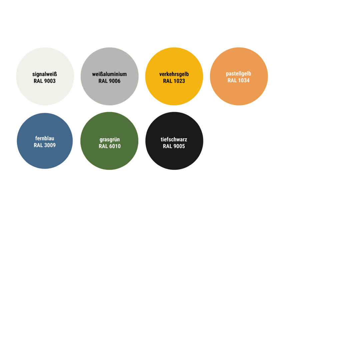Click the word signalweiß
click(45, 74)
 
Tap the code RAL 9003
click(45, 81)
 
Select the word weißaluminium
click(110, 74)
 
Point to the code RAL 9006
click(110, 81)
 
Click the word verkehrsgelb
click(174, 74)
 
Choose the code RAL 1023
click(174, 81)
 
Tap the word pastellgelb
click(239, 74)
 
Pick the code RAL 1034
click(239, 80)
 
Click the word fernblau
click(45, 138)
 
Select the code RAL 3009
click(45, 145)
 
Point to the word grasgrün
click(110, 140)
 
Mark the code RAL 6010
click(110, 146)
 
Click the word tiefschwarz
click(174, 139)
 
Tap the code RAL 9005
click(174, 146)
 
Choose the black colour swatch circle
click(174, 141)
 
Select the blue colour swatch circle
click(45, 141)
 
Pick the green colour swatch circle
click(109, 141)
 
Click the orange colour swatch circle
click(239, 76)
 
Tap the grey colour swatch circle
click(110, 76)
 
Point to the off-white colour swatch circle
click(45, 76)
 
